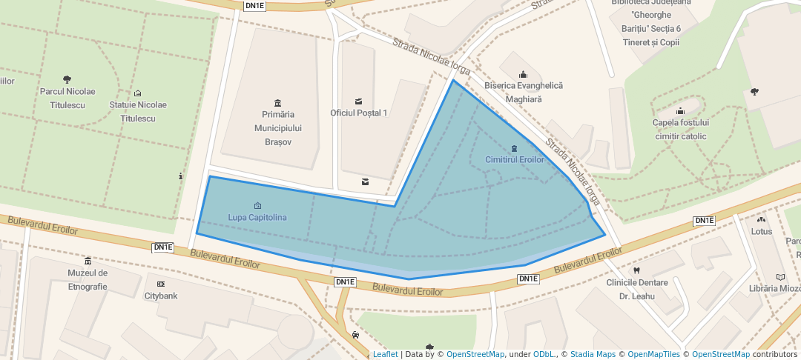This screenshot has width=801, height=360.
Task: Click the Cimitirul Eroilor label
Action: click(x=515, y=160)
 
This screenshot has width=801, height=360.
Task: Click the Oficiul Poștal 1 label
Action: click(x=359, y=113)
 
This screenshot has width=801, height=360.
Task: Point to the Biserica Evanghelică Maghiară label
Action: click(x=524, y=92)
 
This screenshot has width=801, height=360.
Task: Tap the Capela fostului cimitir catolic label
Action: click(x=681, y=129)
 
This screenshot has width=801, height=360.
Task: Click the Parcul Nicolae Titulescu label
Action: click(x=67, y=98)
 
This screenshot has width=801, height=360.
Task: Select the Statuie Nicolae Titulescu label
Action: click(x=138, y=111)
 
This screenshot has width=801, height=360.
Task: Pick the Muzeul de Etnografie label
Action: click(x=88, y=279)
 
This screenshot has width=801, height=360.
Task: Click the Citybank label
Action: click(x=161, y=296)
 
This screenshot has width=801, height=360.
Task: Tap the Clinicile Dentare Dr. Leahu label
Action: click(x=637, y=289)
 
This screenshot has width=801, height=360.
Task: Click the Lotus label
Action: click(x=762, y=232)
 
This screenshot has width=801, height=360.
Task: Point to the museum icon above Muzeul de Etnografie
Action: click(x=88, y=261)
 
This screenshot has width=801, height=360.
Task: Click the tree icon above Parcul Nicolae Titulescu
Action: click(x=67, y=79)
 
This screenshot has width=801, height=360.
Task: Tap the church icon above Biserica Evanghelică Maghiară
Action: click(x=524, y=74)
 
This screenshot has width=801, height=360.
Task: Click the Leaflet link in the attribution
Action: click(x=385, y=355)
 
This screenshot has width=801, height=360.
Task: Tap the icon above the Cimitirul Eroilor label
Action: click(x=515, y=148)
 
